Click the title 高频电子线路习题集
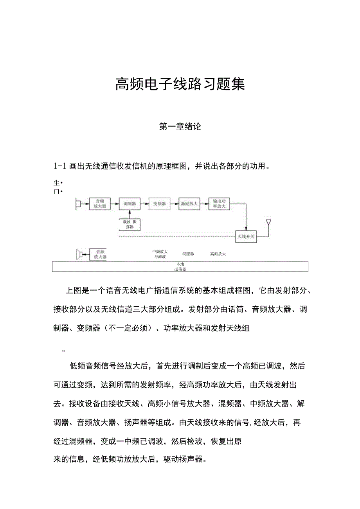pos(180,84)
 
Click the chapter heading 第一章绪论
pos(180,127)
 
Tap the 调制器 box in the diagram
pos(130,204)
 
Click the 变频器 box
pos(160,204)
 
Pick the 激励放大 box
pos(189,204)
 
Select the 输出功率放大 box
pos(219,204)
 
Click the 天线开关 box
pos(246,236)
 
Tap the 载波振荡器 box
pos(130,225)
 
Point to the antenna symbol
pos(268,223)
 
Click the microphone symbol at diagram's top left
pos(78,204)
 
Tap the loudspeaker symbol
pos(79,255)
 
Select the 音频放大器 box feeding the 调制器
pos(100,204)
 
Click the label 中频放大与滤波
pos(160,254)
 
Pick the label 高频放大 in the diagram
pos(218,254)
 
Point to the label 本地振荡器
pos(180,267)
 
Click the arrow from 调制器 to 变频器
pos(145,204)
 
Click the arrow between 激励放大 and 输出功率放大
pos(204,204)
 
